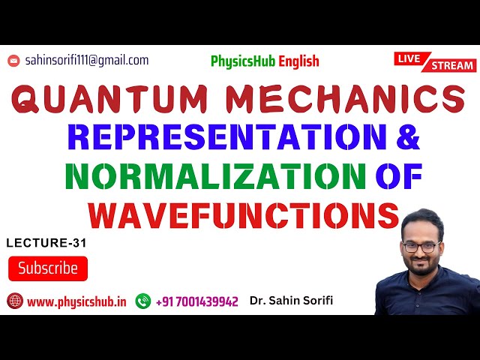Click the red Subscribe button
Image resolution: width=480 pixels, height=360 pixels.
[48, 268]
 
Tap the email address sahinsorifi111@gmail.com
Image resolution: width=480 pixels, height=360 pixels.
[87, 60]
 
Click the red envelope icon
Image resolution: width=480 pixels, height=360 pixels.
[13, 61]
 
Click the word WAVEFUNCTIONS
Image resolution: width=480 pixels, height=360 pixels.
[243, 215]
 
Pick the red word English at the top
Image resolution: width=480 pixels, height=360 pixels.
[298, 61]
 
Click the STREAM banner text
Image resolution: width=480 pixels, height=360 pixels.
[453, 66]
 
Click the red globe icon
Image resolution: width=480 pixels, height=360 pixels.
[14, 301]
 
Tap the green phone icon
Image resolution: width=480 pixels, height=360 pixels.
[142, 301]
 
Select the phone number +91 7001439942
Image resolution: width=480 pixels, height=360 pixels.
[196, 301]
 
